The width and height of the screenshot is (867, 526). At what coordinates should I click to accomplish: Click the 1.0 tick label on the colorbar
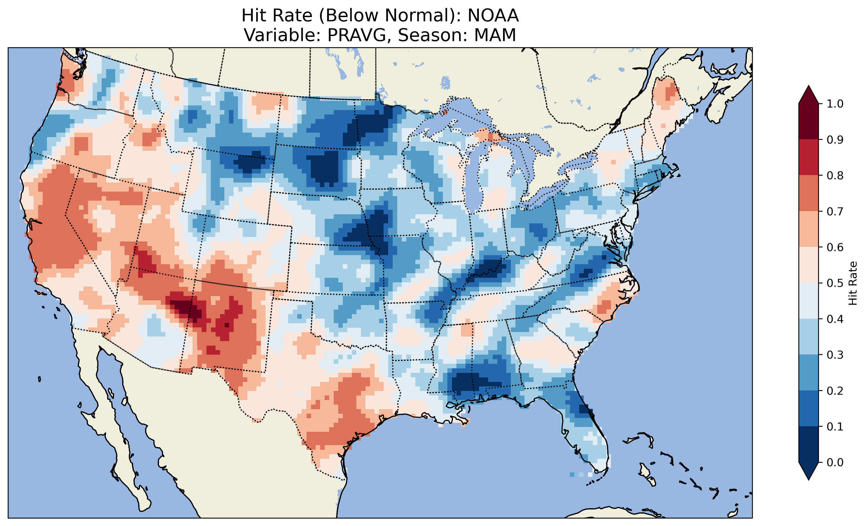(835, 104)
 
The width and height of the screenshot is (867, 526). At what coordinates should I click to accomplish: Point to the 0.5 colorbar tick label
(835, 283)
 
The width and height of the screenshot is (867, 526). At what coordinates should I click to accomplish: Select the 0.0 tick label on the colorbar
(835, 462)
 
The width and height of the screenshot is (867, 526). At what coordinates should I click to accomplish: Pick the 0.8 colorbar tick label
(835, 175)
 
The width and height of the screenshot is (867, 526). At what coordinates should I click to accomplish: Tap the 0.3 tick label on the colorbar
(835, 355)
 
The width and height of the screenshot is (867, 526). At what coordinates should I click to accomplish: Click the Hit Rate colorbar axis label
(852, 283)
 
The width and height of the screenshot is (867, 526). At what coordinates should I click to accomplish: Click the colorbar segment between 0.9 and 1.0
(809, 121)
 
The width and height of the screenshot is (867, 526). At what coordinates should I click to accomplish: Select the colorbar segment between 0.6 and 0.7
(809, 229)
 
